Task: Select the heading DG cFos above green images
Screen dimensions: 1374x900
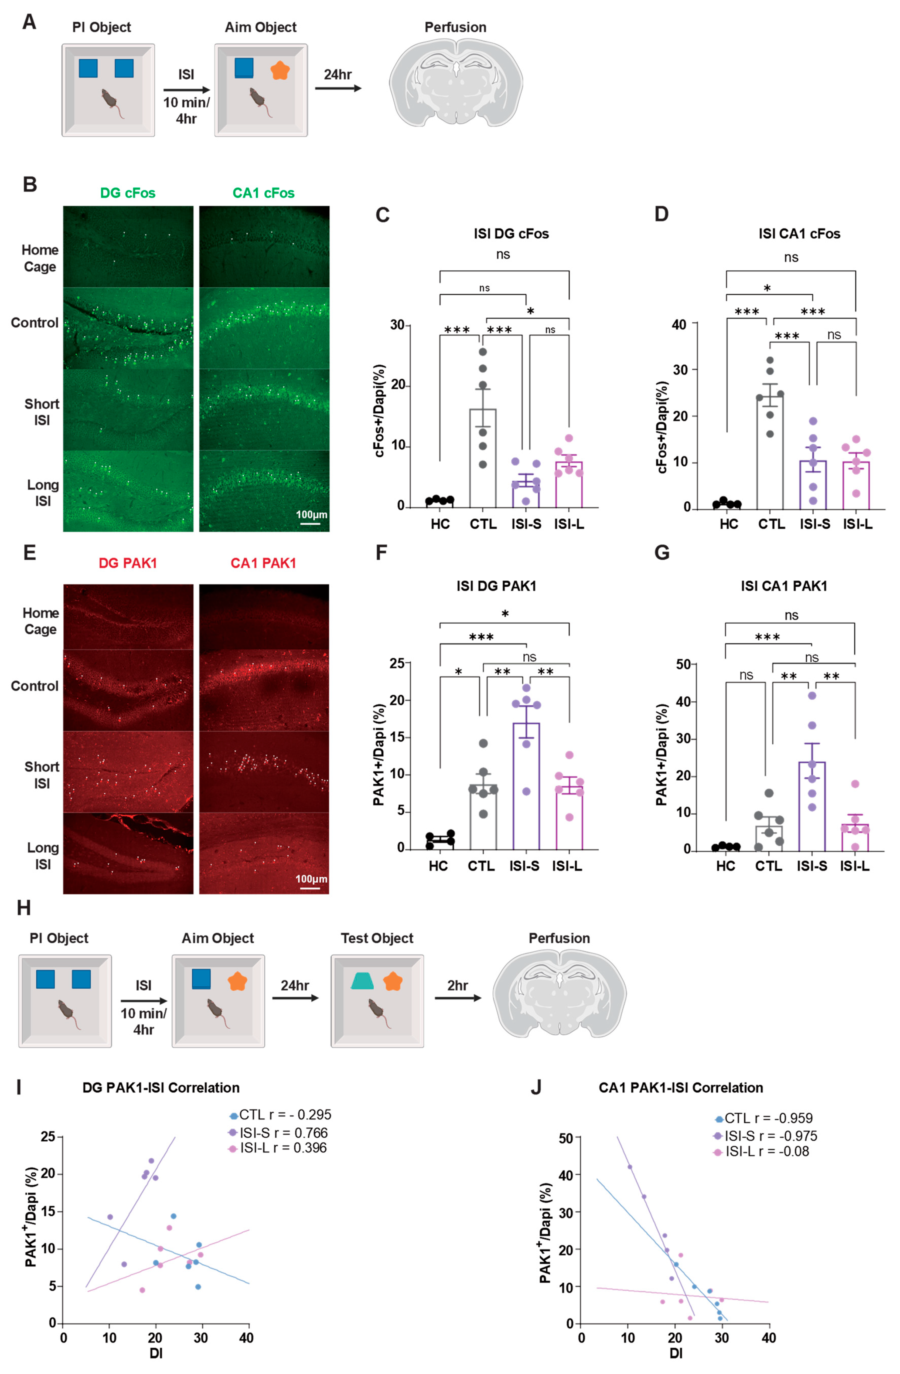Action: coord(128,193)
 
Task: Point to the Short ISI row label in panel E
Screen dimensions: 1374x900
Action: coord(42,775)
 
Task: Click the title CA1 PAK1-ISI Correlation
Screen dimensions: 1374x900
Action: coord(681,1088)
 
